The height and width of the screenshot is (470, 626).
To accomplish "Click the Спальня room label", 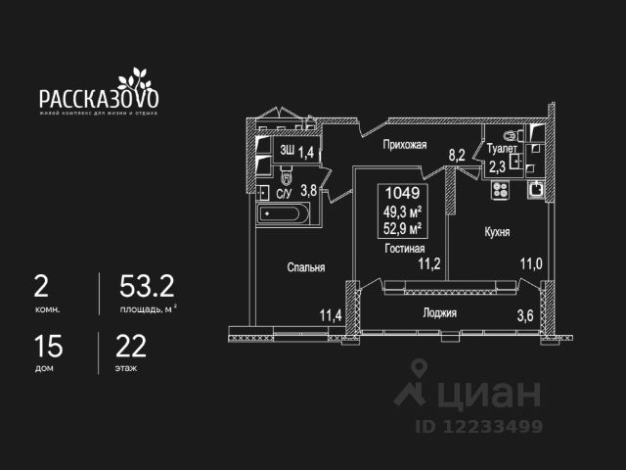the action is (x=306, y=266).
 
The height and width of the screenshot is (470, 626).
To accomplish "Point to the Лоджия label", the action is (x=440, y=313).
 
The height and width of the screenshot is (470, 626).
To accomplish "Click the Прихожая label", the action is (x=405, y=145).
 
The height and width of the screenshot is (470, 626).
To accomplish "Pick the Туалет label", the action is (x=501, y=149).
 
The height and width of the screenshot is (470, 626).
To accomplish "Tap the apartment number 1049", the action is (x=403, y=194).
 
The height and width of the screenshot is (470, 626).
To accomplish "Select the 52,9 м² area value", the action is (x=403, y=229).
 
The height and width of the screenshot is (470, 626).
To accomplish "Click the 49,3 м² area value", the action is (x=403, y=211).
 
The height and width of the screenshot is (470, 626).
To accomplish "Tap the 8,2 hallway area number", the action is (x=456, y=154).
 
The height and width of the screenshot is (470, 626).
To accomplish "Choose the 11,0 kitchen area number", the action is (x=530, y=262).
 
